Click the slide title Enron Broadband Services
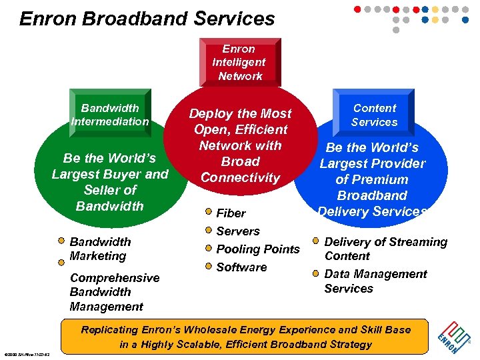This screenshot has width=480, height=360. (147, 18)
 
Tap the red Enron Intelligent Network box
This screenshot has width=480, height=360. (239, 63)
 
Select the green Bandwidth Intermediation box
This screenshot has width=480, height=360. (110, 115)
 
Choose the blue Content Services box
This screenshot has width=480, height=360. (374, 115)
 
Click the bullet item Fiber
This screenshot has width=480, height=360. (231, 213)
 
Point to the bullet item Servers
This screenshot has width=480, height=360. (237, 231)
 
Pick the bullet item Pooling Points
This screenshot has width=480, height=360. (257, 249)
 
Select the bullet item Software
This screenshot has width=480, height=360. (241, 267)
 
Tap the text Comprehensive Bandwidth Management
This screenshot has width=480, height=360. (114, 292)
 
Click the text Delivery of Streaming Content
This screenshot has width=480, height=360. (385, 249)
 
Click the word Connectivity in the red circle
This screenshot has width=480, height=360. (240, 178)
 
